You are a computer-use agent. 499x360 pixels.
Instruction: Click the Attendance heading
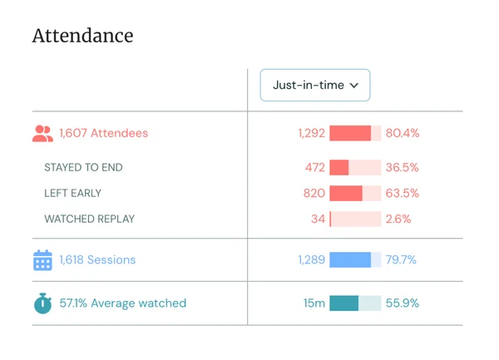point(82,36)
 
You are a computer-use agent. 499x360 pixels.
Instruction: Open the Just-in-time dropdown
point(315,85)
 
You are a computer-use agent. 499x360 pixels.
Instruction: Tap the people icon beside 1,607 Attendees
point(42,133)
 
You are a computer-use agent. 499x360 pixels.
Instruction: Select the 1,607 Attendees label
point(104,133)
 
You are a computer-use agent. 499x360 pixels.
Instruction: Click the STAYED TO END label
point(83,167)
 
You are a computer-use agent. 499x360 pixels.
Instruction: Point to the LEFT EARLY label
point(72,193)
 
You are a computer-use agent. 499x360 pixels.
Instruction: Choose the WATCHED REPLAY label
point(89,219)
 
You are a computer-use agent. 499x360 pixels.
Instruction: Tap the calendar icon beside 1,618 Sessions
point(42,260)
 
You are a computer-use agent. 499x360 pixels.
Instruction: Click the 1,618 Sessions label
point(97,260)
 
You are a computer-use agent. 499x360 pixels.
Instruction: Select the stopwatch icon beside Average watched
point(42,303)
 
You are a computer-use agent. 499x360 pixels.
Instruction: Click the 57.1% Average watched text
point(122,303)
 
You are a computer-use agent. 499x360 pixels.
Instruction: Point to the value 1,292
point(311,133)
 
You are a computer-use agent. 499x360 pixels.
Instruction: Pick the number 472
point(314,167)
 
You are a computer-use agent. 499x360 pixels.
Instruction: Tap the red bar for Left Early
point(346,193)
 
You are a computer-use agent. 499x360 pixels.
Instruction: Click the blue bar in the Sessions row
point(350,260)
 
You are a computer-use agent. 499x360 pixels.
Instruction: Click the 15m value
point(314,303)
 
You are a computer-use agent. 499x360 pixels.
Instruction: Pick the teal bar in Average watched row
point(344,303)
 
